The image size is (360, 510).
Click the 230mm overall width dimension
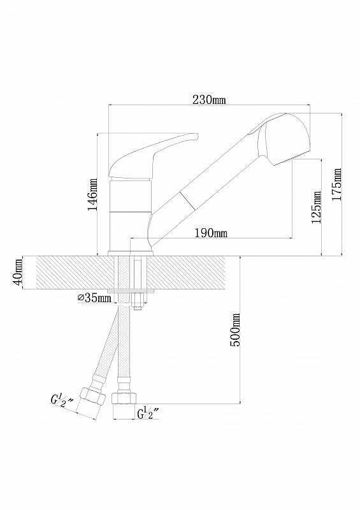[209, 99]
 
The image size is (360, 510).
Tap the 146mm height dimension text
[92, 194]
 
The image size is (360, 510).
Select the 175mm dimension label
[337, 184]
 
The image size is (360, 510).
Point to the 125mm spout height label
[316, 207]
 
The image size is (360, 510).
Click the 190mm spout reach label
[211, 233]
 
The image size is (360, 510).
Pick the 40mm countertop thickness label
[18, 272]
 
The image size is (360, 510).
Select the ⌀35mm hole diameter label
[95, 298]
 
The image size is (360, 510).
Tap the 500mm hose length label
[235, 330]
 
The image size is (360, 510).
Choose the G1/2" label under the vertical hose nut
[148, 414]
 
